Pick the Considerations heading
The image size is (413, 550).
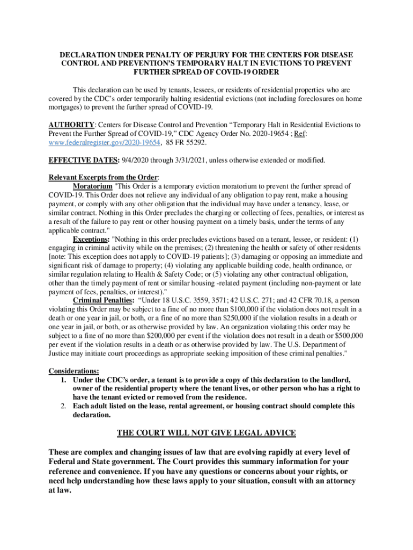coord(74,371)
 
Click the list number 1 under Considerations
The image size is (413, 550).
coord(63,380)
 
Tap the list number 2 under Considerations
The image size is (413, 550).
coord(63,406)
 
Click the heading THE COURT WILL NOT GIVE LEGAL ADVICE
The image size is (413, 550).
coord(206,433)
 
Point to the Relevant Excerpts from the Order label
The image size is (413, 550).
coord(104,177)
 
